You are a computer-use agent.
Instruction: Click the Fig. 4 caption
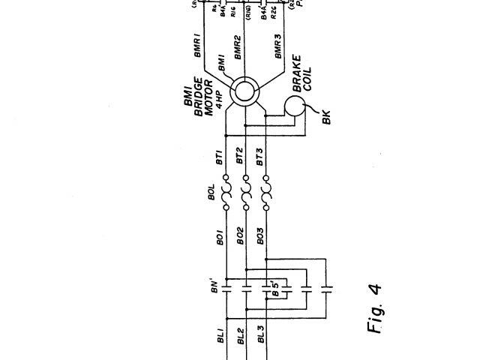click(x=375, y=308)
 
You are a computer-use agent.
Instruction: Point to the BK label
click(x=325, y=116)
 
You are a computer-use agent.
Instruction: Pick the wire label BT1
click(x=220, y=158)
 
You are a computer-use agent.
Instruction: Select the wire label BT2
click(x=240, y=156)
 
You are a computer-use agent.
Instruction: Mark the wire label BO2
click(x=240, y=236)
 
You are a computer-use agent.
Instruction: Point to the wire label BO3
click(x=260, y=236)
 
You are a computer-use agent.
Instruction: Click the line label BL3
click(x=260, y=334)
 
